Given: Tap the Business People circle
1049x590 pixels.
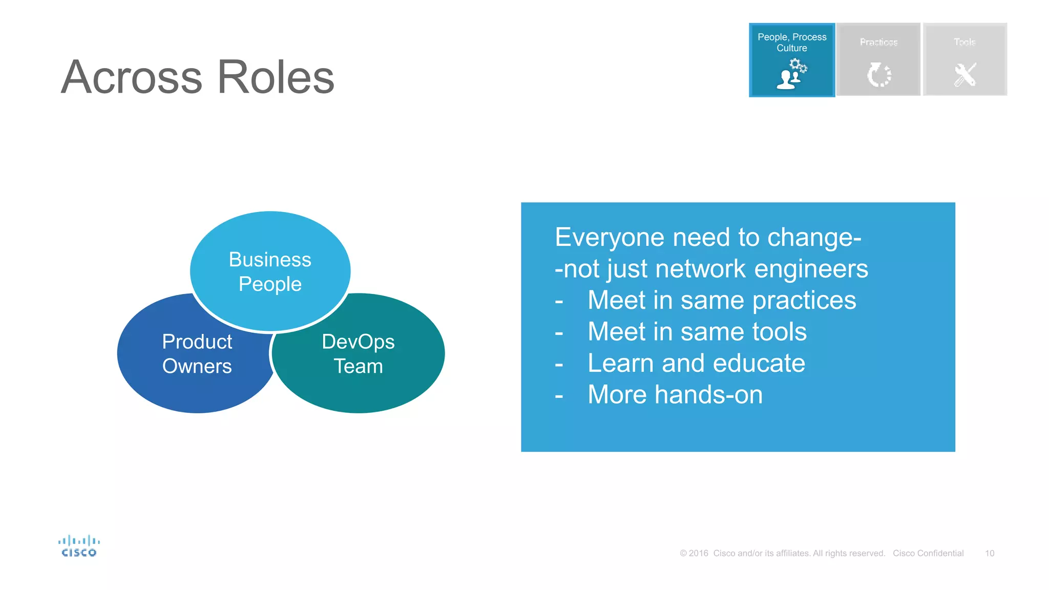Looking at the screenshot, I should click(270, 271).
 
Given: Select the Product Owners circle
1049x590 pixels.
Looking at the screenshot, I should click(197, 354).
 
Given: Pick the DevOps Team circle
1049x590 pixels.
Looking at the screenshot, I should click(358, 354).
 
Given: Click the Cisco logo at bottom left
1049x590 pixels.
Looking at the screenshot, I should click(79, 546).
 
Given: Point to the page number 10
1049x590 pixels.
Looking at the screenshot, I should click(989, 553).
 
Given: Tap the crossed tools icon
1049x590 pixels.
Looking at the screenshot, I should click(965, 75).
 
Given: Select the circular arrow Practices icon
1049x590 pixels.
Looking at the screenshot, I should click(879, 75).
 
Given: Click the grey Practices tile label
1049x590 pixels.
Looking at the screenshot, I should click(878, 42).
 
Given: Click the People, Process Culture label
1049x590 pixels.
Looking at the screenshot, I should click(792, 42).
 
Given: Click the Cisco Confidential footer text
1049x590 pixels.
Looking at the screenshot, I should click(928, 553).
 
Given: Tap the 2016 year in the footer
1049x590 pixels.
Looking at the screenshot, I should click(698, 553).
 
